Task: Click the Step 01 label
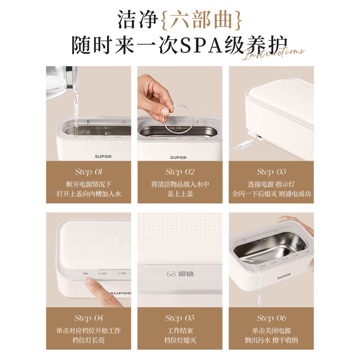(88, 171)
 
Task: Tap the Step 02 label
(180, 171)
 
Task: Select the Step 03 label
(271, 171)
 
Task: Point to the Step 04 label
(88, 318)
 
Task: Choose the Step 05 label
(180, 318)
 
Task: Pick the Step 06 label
(271, 318)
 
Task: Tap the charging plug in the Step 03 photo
(254, 137)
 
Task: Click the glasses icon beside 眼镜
(170, 274)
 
